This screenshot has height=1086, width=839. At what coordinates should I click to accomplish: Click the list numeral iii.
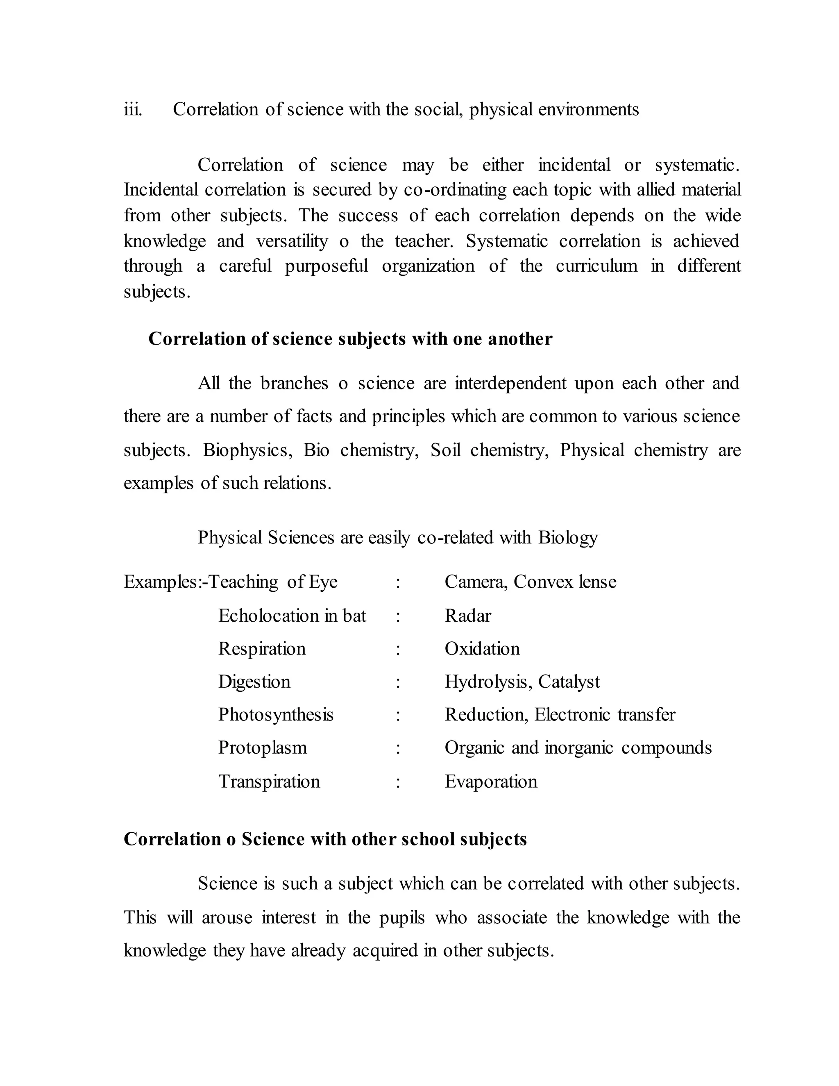pos(133,109)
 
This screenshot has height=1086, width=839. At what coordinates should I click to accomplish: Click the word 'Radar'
pos(467,616)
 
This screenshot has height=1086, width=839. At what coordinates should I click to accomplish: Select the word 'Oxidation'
pos(482,648)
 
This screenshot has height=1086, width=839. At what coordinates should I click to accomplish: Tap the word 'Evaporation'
pos(490,781)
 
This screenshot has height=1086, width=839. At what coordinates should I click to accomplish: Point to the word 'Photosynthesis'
pos(275,715)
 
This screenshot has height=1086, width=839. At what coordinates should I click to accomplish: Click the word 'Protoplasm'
pos(263,747)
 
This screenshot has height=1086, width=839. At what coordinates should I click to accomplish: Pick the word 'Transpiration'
pos(269,781)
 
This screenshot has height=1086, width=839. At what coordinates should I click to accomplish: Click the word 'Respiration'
pos(261,648)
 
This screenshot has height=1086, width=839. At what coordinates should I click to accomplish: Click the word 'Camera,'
pos(476,582)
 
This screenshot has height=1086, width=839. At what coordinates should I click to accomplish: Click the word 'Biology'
pos(568,538)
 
